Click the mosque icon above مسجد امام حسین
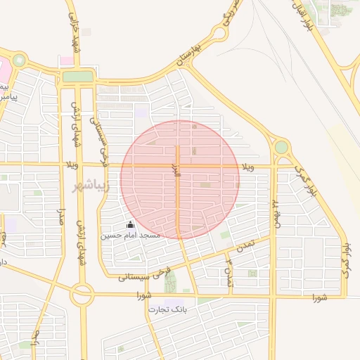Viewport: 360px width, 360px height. tap(129, 224)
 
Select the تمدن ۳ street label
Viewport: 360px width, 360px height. tap(229, 273)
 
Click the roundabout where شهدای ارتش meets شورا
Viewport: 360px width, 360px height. tap(82, 295)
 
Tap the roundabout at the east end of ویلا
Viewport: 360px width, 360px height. tap(281, 148)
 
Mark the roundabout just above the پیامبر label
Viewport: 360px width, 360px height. tap(19, 60)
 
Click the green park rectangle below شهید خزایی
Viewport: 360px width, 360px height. tap(78, 76)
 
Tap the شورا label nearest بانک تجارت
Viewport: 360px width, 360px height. tap(146, 295)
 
